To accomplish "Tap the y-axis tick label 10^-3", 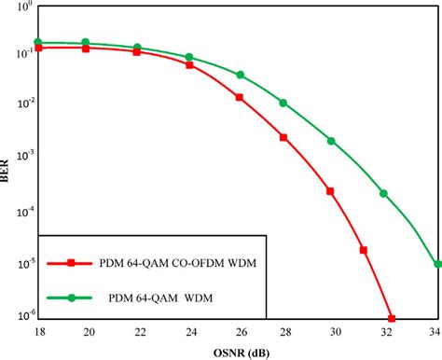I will tap(21, 160).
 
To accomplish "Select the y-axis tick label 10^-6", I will tap(21, 315).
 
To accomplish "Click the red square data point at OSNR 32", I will tap(392, 318).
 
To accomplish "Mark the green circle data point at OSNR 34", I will tap(437, 264).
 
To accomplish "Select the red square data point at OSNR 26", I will tap(240, 97).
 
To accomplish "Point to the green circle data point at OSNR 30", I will tap(331, 141).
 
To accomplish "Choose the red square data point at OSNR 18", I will tap(38, 48).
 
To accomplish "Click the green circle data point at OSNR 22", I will tap(137, 48).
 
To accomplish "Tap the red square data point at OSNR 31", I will tap(364, 250).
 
